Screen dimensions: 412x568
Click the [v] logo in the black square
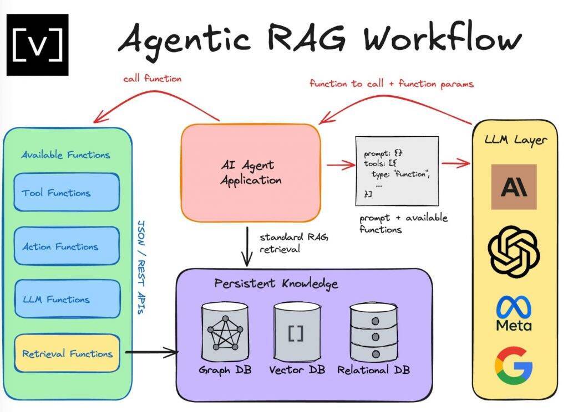point(37,45)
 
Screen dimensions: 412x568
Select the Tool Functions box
point(67,193)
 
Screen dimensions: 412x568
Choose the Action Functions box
point(67,246)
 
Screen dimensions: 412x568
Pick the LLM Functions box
point(67,299)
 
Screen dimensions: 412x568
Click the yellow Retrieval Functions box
point(67,353)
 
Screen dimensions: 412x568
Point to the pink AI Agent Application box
point(251,172)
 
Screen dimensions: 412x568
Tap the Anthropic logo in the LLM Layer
point(514,187)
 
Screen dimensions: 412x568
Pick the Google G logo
point(514,365)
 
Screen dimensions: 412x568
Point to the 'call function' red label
point(152,79)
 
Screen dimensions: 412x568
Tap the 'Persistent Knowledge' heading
point(276,284)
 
